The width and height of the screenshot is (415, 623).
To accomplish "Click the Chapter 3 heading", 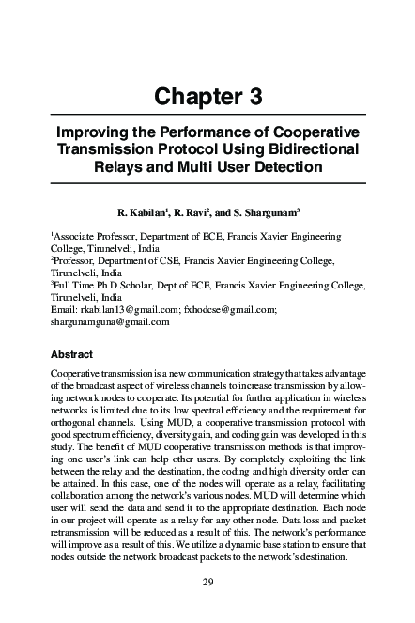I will coord(207,95).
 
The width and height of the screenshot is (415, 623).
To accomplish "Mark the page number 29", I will coord(207,583).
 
